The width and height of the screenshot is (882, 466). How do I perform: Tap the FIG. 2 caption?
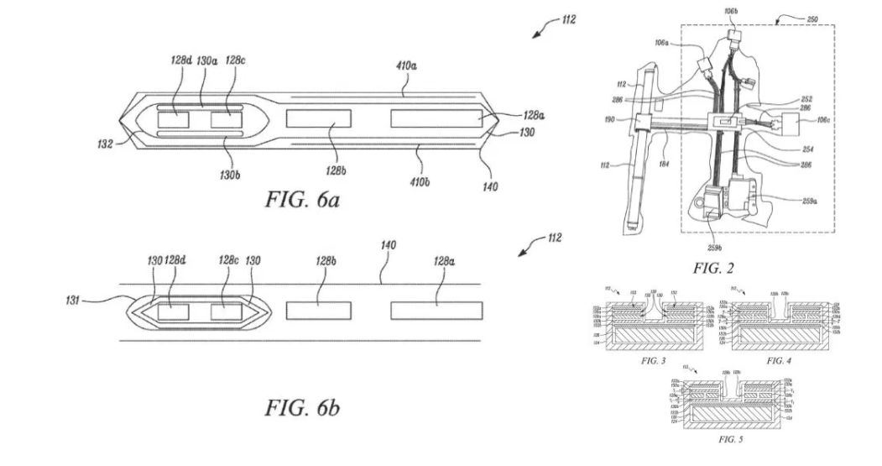(714, 269)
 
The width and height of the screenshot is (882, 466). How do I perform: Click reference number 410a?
(408, 63)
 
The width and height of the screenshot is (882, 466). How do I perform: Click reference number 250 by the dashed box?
(812, 19)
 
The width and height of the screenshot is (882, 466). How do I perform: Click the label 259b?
(714, 248)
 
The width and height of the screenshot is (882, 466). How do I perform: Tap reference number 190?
(621, 119)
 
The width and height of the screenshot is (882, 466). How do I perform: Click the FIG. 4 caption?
(779, 360)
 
